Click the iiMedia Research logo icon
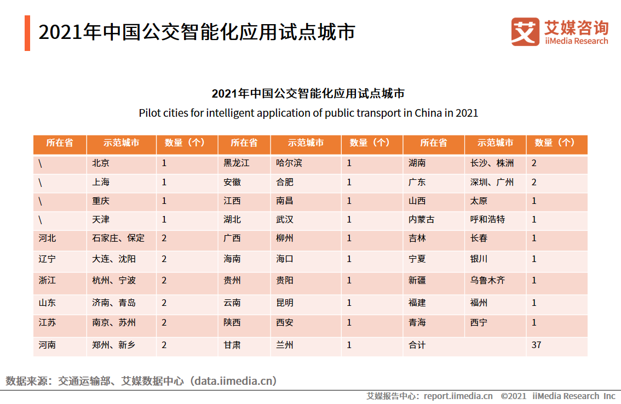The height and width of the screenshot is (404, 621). coord(525,32)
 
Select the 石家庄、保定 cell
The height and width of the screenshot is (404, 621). coord(118,238)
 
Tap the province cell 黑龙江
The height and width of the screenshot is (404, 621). coord(236,163)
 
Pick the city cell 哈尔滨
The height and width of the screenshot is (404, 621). coord(289,163)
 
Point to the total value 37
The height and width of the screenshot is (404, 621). coord(537,345)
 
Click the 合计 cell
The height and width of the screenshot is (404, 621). coord(417,345)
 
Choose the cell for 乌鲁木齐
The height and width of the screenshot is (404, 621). coord(487,280)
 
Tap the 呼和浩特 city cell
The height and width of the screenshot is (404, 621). coord(487,219)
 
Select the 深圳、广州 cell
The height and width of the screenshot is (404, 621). coord(492,182)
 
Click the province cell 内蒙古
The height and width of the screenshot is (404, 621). coord(421,219)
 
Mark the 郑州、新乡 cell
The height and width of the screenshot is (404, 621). coord(114,345)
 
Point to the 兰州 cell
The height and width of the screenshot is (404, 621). coord(285,345)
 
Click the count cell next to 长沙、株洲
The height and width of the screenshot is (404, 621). coord(534,163)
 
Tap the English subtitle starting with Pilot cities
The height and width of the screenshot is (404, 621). coord(308,113)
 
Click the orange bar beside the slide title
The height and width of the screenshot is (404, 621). coord(27,33)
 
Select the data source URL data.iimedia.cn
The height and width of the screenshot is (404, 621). coord(234,380)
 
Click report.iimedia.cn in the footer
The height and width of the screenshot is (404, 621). coord(458,396)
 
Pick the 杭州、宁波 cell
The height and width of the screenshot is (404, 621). coord(114,280)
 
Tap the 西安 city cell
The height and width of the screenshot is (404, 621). coord(285,322)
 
